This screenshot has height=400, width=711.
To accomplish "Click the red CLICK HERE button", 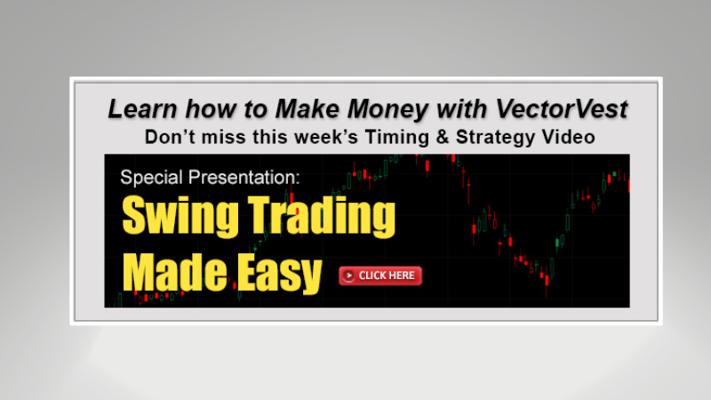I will pos(379,276).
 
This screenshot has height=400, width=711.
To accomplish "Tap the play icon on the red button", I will pos(349,276).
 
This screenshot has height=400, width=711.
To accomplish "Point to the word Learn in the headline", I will pos(137,110).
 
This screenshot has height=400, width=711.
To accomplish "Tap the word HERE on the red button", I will pos(400,276).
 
